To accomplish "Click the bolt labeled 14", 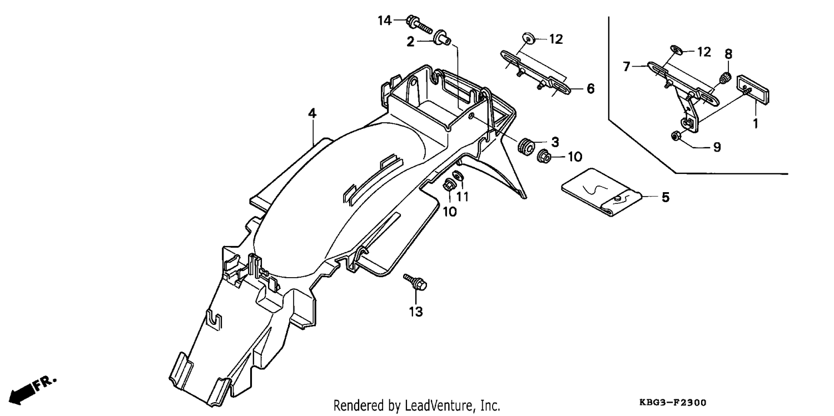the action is coord(419,23).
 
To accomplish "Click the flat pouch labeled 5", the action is coord(602,192).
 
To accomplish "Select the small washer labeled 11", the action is coord(457,175).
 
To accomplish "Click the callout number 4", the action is coord(312,113).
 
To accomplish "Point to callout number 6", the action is coord(590,89).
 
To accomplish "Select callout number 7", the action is coord(627,67).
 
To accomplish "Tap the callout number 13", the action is coord(416,312).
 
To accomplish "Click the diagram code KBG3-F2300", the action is coord(673,402).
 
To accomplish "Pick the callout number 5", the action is coord(666,197).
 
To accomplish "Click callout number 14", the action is coord(385,21).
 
